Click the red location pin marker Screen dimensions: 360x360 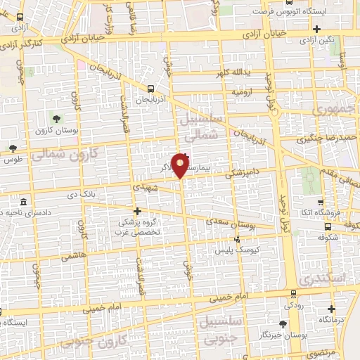pos(181,165)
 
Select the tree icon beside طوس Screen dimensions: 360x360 pos(13,148)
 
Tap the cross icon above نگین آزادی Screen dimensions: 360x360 pos(317,29)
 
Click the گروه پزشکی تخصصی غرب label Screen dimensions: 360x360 pos(138,226)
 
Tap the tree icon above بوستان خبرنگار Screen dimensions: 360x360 pos(282,323)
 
